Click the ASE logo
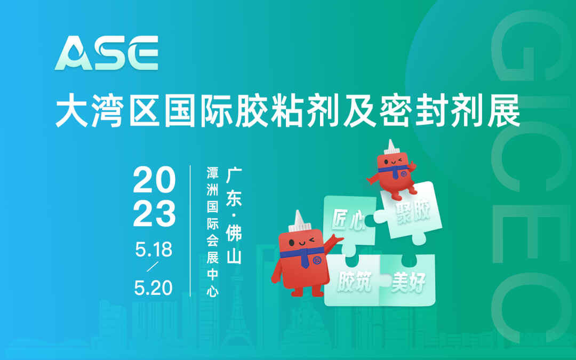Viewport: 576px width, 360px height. coord(107,53)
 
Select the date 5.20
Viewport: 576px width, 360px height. coord(154,288)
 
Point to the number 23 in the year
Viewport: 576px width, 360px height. coord(154,213)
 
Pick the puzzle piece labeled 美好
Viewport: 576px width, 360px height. coord(410,281)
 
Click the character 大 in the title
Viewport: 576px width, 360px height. coord(72,111)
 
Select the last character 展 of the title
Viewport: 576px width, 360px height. coord(503,111)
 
